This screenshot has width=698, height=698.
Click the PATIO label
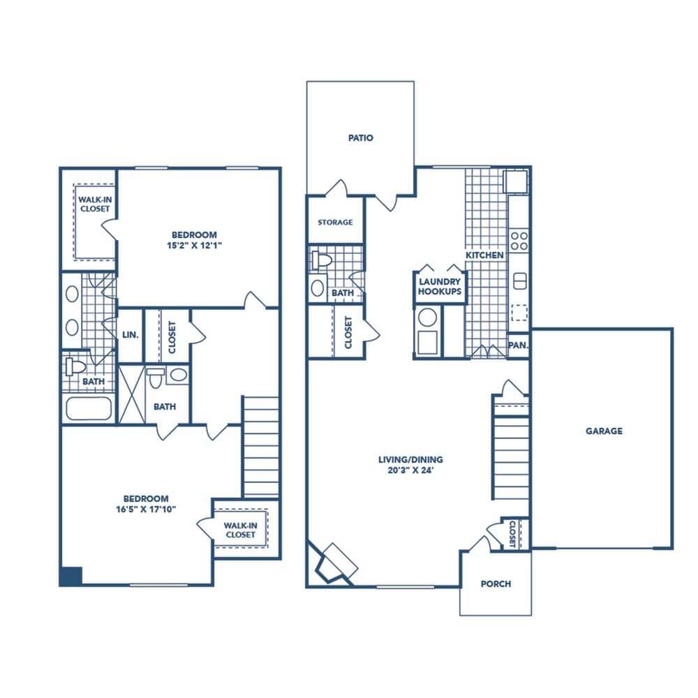point(361,138)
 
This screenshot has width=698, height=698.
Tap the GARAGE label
point(604,431)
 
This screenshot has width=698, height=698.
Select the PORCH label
point(496,584)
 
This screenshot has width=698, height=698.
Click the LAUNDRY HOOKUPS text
point(440,287)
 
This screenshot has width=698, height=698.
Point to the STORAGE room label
point(335,223)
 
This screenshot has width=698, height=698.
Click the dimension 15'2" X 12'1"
point(193,246)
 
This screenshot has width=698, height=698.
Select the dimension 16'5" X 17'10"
point(145,510)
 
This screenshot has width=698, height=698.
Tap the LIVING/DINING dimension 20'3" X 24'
point(410,470)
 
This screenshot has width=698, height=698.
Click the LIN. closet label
point(131,335)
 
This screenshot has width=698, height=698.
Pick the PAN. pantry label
point(518,345)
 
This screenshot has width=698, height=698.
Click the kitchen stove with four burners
point(519,241)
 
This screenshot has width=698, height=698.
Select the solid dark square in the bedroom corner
point(70,576)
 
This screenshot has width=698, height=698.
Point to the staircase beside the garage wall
point(511,457)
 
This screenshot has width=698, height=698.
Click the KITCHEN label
point(484,255)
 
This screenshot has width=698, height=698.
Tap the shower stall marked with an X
point(131,394)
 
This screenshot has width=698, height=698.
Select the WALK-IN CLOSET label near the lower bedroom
point(239,530)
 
